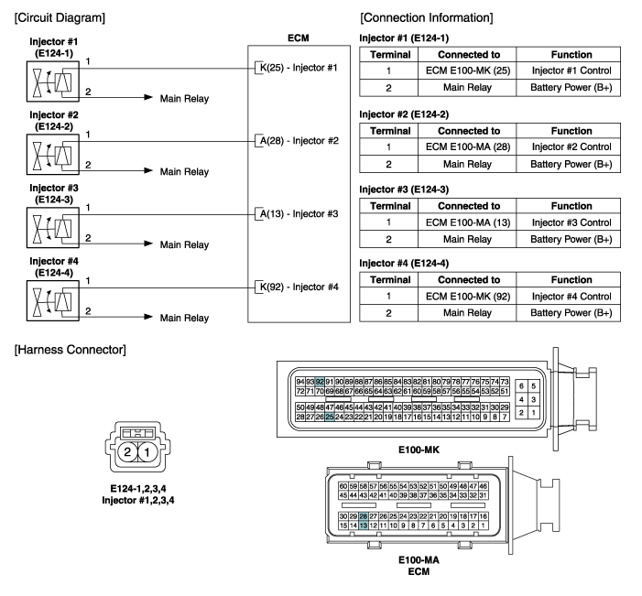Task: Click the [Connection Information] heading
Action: click(426, 17)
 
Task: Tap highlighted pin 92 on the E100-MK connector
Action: click(320, 381)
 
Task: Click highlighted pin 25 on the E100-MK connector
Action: click(330, 417)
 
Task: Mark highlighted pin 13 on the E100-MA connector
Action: click(364, 526)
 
